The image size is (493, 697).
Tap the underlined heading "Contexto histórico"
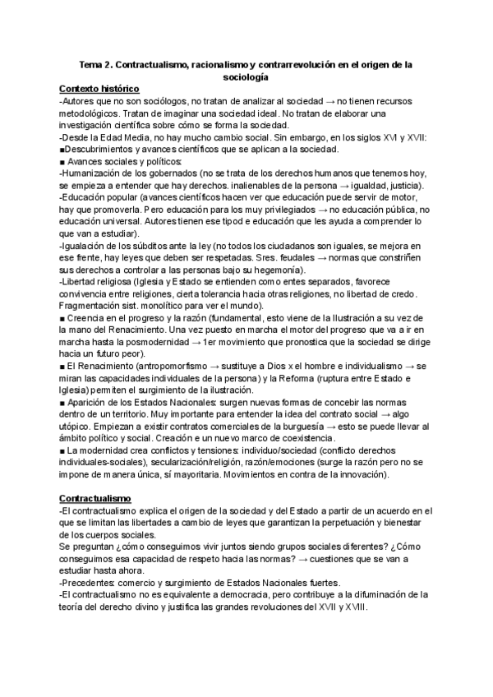[x=99, y=88]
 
